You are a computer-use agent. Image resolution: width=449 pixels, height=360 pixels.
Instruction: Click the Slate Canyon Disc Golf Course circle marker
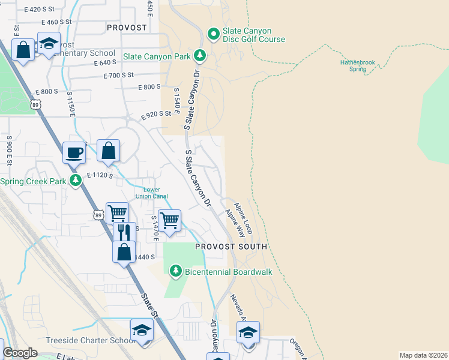pos(213,33)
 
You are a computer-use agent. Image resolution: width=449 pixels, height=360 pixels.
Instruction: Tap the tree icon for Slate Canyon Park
pos(200,56)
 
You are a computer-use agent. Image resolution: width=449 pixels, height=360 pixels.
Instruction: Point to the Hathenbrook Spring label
pos(358,65)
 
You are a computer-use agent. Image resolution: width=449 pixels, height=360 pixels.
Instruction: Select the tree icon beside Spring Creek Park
pos(75,181)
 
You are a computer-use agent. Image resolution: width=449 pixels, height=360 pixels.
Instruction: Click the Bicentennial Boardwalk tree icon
pos(175,271)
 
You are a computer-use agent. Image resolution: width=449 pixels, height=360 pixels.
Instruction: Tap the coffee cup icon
pos(74,152)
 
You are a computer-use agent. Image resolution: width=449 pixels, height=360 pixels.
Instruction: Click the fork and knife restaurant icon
pos(124,232)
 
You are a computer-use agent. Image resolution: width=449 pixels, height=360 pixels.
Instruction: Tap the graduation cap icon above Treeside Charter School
pos(142,331)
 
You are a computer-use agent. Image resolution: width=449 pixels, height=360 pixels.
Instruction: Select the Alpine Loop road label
pos(244,218)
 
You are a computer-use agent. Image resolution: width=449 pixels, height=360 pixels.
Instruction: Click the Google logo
pos(20,353)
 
